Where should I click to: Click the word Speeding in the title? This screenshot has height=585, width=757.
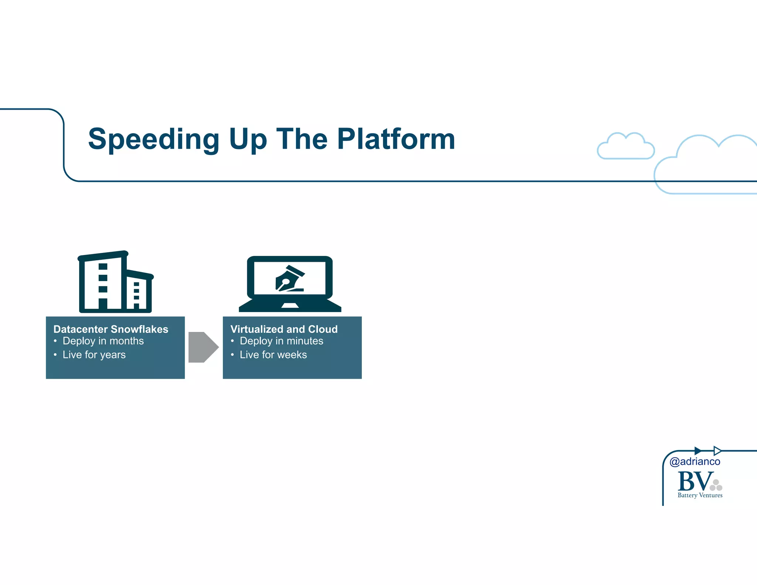point(153,139)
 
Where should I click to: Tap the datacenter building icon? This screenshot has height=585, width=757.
point(115,282)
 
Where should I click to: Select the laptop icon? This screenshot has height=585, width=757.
point(290,284)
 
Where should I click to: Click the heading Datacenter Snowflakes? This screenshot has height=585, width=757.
point(111,329)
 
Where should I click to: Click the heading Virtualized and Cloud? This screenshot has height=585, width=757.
point(284,329)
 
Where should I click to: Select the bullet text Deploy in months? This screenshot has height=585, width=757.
point(103,341)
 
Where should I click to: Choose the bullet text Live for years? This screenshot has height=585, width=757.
point(94,355)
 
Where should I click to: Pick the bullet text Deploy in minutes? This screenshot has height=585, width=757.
point(281,341)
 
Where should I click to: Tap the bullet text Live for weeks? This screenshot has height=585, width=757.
point(273,355)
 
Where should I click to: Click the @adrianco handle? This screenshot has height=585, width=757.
point(695,461)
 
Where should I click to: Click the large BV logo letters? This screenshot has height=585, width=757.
point(695,481)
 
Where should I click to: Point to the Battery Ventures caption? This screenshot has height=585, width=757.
point(700,495)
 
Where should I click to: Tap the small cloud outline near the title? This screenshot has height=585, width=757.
point(625,147)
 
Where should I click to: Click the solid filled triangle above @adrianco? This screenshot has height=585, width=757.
point(697,451)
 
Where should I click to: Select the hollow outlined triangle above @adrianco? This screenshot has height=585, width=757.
point(717,451)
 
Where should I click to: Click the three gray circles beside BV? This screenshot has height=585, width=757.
point(716,486)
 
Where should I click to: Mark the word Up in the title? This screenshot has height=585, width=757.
point(248,139)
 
